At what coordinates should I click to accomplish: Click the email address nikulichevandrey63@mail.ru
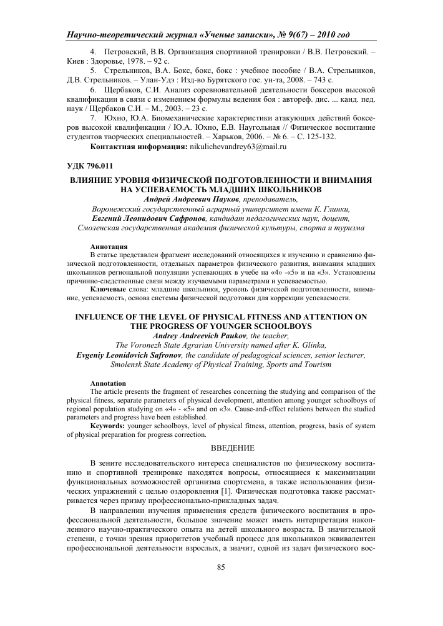[238, 147]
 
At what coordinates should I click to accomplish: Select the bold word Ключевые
[110, 290]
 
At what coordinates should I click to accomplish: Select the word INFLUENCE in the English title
[104, 316]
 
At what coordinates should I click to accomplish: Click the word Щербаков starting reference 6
[126, 90]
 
